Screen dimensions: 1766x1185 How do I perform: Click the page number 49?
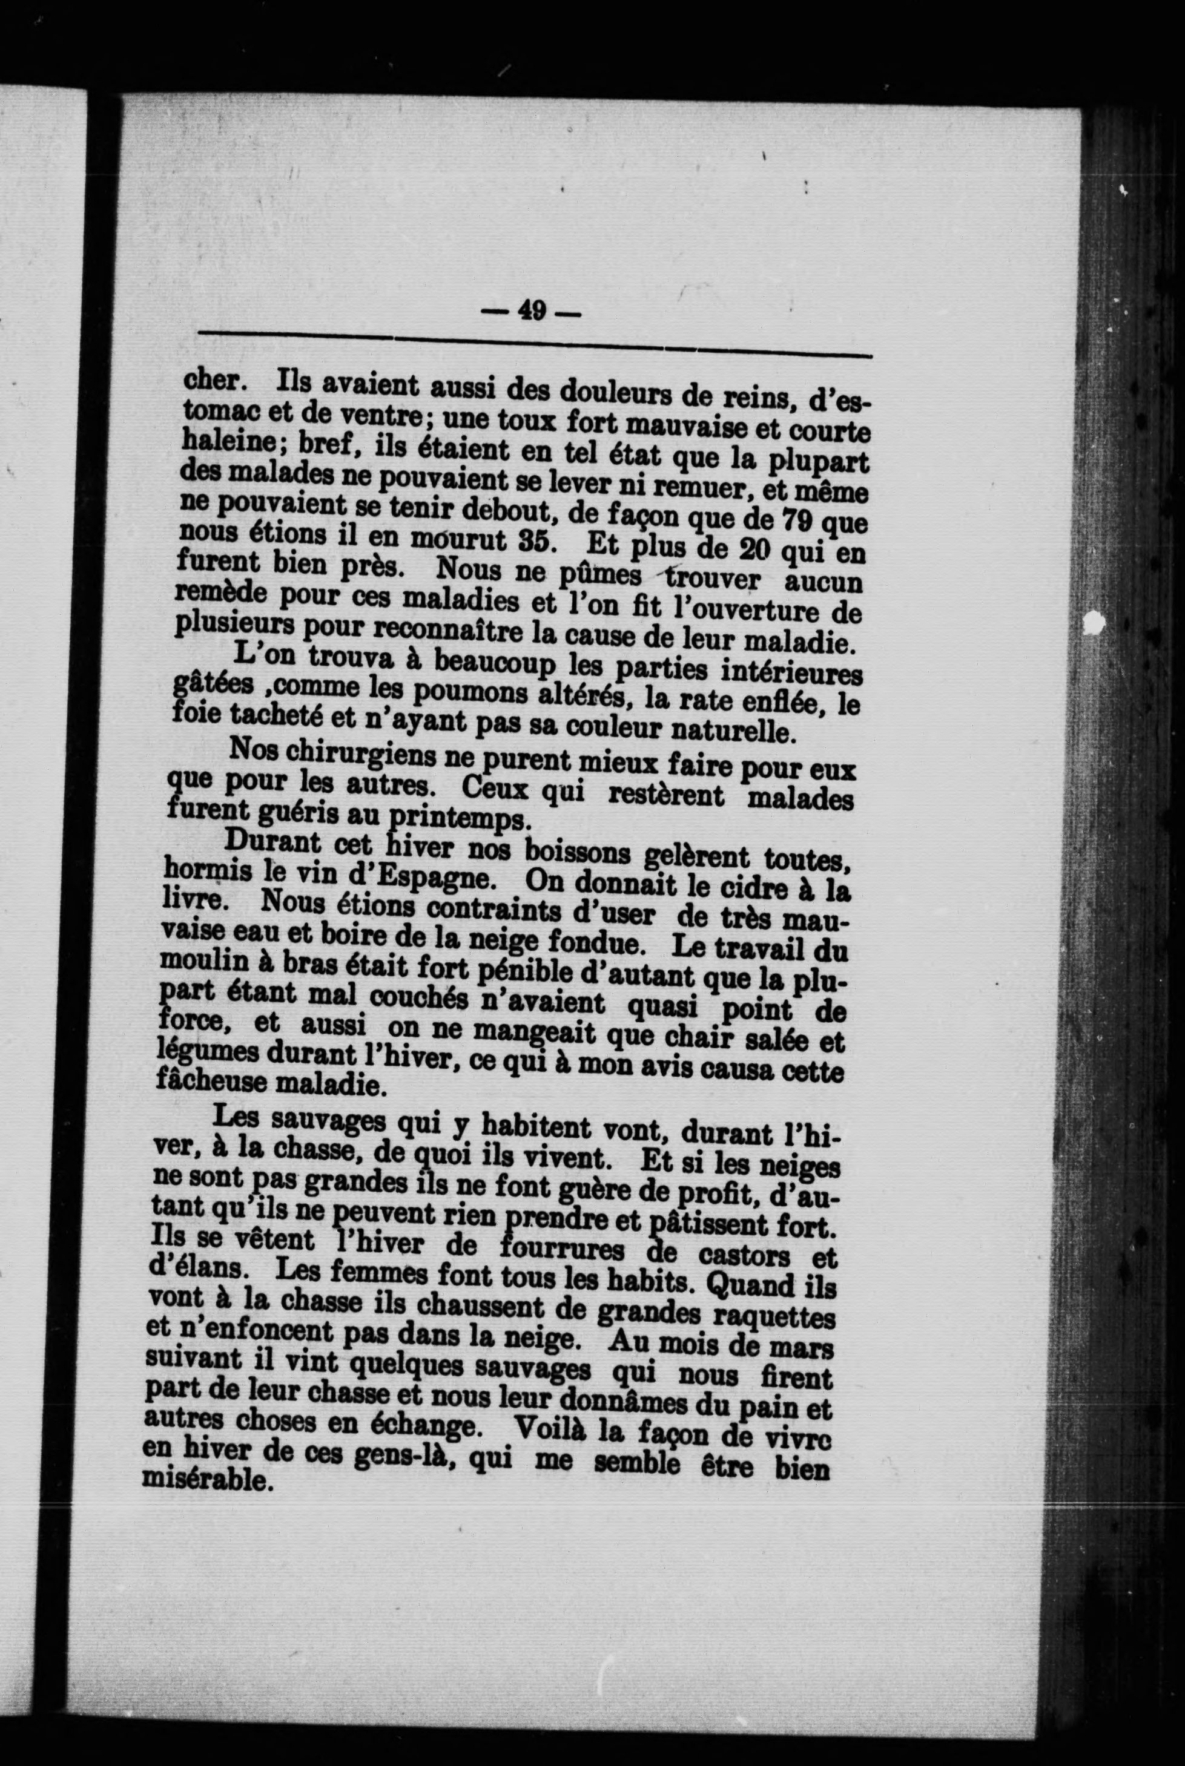tap(532, 310)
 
